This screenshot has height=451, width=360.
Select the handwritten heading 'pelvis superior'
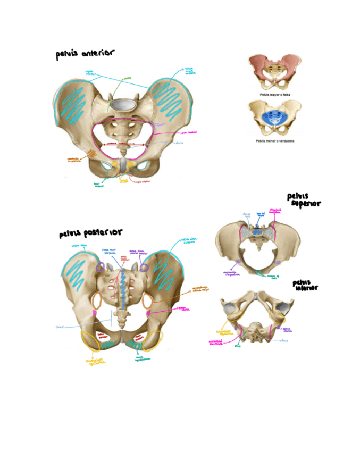pyautogui.click(x=304, y=201)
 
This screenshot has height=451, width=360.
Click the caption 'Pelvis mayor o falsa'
pyautogui.click(x=274, y=93)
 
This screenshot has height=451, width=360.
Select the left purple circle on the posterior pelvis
pyautogui.click(x=101, y=268)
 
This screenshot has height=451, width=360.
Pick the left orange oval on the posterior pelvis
pyautogui.click(x=97, y=301)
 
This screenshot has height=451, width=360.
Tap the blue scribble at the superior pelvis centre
pyautogui.click(x=257, y=232)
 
